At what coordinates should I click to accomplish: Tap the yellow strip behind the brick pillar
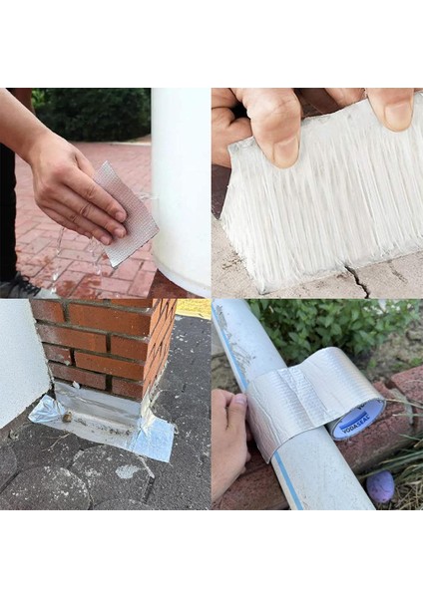tap(194, 308)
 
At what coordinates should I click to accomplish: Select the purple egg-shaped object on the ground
tap(380, 485)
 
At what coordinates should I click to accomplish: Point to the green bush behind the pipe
tap(329, 329)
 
